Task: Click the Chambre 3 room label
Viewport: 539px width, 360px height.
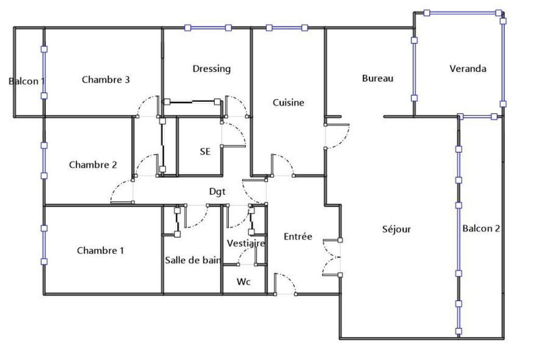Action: (x=106, y=79)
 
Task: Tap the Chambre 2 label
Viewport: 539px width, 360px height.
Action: (x=93, y=165)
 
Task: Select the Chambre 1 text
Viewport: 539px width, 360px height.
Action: (x=100, y=250)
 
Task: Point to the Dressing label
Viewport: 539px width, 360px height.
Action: (x=212, y=69)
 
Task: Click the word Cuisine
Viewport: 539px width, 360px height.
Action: (x=288, y=102)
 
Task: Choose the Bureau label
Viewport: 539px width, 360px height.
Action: (x=377, y=78)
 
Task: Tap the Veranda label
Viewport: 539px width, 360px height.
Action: (x=467, y=69)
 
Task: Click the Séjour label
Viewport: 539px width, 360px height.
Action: (x=397, y=229)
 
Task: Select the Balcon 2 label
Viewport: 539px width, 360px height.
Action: (x=481, y=229)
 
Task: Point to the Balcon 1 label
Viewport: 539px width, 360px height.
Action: (x=27, y=82)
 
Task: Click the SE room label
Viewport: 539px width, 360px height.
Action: (x=205, y=152)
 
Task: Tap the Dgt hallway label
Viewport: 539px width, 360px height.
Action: (x=217, y=192)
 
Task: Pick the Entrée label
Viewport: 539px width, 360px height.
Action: (x=298, y=236)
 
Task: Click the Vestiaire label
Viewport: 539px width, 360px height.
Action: (x=246, y=243)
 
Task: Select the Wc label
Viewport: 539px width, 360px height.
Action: (x=243, y=282)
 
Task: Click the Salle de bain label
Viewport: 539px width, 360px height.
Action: (x=192, y=260)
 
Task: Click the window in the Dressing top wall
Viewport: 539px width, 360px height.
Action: (x=207, y=28)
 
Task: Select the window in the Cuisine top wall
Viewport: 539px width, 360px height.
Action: (x=287, y=28)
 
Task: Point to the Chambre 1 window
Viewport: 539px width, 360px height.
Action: (x=44, y=245)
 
